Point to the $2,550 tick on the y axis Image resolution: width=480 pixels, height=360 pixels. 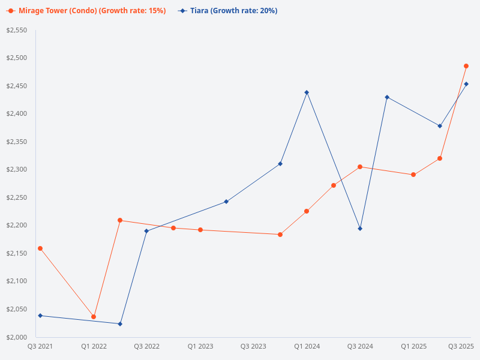(x=17, y=30)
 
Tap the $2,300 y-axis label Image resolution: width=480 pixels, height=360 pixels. (x=17, y=170)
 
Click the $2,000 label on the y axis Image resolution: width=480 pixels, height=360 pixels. (x=17, y=337)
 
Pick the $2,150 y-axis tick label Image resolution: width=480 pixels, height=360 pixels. (x=17, y=253)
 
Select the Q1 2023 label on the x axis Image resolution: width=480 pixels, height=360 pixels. (x=200, y=346)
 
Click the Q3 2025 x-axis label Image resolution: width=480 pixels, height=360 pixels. (x=461, y=346)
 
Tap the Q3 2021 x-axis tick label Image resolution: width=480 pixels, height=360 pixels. (x=40, y=346)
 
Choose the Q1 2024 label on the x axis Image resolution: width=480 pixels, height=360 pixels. (x=307, y=346)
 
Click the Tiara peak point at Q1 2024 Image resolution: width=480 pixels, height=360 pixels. (x=307, y=92)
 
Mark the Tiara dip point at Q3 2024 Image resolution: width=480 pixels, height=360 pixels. (x=360, y=229)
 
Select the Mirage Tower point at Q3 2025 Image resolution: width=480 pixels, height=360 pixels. (x=466, y=66)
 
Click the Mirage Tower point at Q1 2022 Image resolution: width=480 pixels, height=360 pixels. (x=94, y=317)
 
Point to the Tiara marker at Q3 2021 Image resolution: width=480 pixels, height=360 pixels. (x=40, y=316)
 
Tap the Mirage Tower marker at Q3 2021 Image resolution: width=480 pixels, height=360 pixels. (x=40, y=248)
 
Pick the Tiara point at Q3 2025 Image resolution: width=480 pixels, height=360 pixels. (x=466, y=84)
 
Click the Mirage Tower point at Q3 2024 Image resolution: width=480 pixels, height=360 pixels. (x=360, y=167)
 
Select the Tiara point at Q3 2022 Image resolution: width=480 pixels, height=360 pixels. (x=146, y=231)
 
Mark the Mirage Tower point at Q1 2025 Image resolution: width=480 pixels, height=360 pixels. (x=413, y=175)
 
